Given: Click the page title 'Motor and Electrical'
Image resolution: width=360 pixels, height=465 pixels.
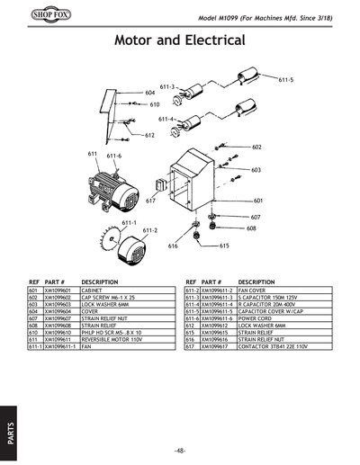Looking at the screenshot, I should [x=180, y=41].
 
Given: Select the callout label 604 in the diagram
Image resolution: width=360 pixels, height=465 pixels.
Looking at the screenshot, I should [x=150, y=93].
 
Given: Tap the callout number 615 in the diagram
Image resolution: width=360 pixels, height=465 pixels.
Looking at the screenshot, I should [x=224, y=246].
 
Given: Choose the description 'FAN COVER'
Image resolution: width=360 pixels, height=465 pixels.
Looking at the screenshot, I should [x=255, y=291].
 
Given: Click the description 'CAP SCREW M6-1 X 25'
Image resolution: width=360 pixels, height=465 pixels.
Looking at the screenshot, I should [x=109, y=299].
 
